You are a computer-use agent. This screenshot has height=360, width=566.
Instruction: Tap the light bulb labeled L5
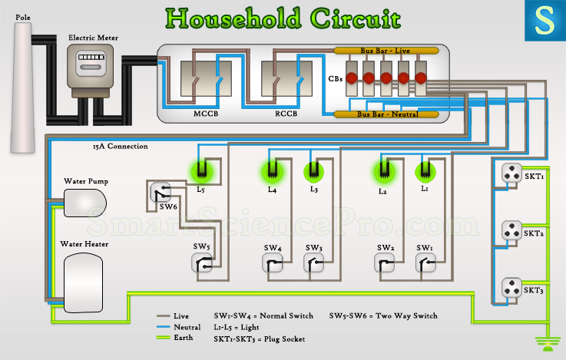pyautogui.click(x=201, y=172)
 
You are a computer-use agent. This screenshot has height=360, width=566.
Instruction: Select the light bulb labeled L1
pyautogui.click(x=425, y=172)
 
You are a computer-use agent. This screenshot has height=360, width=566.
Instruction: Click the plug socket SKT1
pyautogui.click(x=511, y=173)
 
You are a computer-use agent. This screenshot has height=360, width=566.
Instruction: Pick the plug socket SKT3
pyautogui.click(x=511, y=287)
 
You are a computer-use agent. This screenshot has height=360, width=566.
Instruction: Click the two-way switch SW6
pyautogui.click(x=161, y=192)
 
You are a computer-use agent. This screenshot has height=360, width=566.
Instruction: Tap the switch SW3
pyautogui.click(x=313, y=263)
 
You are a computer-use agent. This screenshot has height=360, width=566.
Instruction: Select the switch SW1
pyautogui.click(x=426, y=263)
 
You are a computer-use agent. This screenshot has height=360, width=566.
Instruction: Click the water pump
pyautogui.click(x=84, y=203)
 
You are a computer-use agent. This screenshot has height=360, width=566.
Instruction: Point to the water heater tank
pyautogui.click(x=84, y=282)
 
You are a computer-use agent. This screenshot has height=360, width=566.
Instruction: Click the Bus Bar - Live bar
pyautogui.click(x=386, y=51)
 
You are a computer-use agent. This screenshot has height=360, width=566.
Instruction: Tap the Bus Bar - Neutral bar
pyautogui.click(x=386, y=114)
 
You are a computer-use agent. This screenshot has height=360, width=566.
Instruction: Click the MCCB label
pyautogui.click(x=206, y=114)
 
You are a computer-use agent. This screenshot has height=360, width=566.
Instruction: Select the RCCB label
pyautogui.click(x=286, y=114)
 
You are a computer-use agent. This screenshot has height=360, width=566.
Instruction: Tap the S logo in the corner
pyautogui.click(x=545, y=21)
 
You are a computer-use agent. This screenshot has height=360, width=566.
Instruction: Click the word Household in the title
pyautogui.click(x=233, y=18)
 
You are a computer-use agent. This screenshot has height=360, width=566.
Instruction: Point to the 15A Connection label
pyautogui.click(x=121, y=146)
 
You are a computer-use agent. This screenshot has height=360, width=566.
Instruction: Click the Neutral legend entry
pyautogui.click(x=178, y=327)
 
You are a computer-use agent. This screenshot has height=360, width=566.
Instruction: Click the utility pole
pyautogui.click(x=22, y=88)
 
